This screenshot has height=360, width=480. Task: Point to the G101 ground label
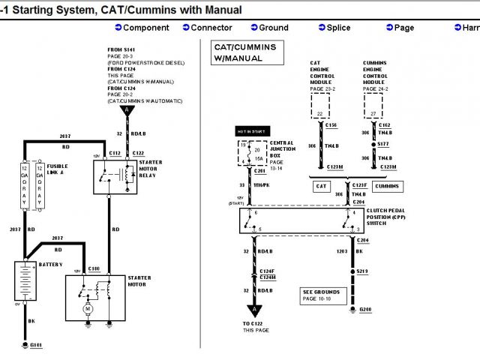pos(36,344)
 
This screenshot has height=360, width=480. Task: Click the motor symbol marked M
pos(87,307)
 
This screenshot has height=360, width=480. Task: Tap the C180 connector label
pos(93,268)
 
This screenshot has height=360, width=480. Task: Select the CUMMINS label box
pos(387,186)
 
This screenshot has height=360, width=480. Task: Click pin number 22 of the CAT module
pos(320,113)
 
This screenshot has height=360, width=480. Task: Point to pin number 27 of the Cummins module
pos(372,113)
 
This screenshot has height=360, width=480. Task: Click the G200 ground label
pos(365,308)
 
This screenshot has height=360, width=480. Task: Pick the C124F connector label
pos(267,271)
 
